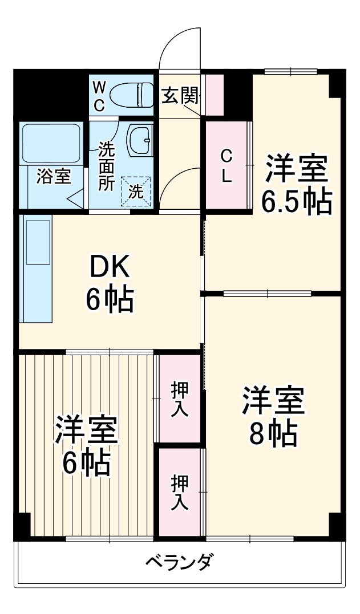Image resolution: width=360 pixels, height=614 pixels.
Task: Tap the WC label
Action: (99, 96)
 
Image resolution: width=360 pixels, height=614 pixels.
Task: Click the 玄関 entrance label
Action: (180, 96)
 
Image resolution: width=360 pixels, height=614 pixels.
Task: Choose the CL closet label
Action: (226, 165)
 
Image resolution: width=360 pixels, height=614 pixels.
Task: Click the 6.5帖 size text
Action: (297, 201)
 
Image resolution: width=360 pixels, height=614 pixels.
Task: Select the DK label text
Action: (110, 267)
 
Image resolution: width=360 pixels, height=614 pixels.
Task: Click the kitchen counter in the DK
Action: (37, 268)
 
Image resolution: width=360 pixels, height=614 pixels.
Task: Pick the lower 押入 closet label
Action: (180, 492)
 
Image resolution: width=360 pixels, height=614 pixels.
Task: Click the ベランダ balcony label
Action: (179, 562)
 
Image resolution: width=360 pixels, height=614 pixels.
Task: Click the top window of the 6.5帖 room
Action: (290, 71)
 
